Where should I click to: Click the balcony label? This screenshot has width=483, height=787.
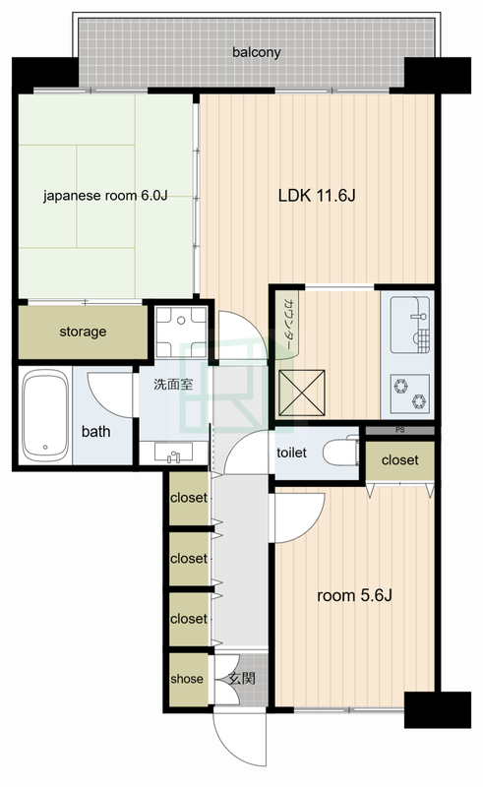pos(256,52)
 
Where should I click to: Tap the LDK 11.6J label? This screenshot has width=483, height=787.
pos(317,195)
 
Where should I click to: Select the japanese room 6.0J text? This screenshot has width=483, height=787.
pos(105,195)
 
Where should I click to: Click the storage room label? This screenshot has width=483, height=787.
pos(83,332)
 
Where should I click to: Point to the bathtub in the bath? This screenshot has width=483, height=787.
pos(45,415)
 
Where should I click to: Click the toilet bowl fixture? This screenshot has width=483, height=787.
pos(341,453)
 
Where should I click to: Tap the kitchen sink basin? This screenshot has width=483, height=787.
pos(409,325)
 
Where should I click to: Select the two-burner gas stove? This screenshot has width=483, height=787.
pos(409,393)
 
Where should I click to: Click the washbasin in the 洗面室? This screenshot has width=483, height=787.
pos(173,454)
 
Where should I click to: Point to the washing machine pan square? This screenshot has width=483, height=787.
pos(181,332)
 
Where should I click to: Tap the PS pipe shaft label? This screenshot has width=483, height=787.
pos(399,430)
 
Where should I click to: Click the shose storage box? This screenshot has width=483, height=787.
pos(188,679)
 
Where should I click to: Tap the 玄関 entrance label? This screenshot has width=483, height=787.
pos(242,679)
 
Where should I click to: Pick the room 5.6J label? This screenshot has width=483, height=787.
pos(354,596)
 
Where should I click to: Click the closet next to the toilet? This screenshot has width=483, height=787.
pos(399,460)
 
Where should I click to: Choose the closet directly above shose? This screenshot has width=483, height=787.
pos(189,619)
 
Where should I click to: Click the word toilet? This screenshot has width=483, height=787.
pos(292,453)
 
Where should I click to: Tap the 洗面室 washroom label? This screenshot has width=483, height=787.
pos(173,385)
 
